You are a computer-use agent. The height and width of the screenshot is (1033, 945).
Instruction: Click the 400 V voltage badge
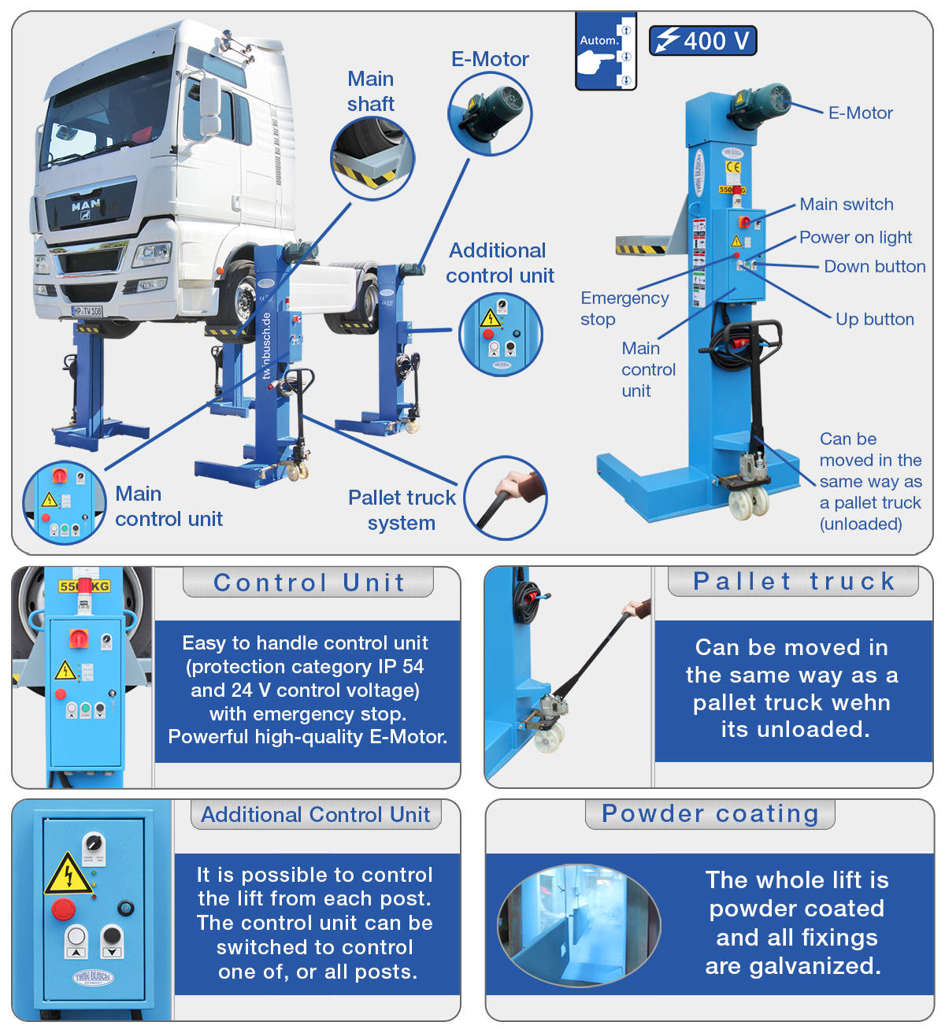702,40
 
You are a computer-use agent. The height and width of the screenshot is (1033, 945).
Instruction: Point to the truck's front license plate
87,311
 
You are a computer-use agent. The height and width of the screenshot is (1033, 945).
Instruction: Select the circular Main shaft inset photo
372,158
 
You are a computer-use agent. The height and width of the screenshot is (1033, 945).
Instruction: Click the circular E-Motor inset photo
490,114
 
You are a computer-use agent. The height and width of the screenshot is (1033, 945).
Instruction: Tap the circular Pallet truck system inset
506,498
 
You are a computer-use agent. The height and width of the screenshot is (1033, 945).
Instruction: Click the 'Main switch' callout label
847,205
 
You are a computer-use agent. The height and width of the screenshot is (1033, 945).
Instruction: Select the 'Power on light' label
855,238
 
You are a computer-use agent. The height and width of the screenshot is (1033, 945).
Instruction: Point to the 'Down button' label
874,267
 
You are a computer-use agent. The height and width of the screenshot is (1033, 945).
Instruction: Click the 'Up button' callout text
874,320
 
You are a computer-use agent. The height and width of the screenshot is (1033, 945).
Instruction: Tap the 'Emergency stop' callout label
624,308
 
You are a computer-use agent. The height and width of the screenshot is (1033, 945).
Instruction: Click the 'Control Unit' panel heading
309,583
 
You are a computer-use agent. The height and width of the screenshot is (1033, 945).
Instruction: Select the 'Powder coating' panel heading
710,814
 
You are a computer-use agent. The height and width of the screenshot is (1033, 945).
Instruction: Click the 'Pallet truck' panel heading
793,582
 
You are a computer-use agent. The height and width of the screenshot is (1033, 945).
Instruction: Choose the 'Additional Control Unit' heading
315,815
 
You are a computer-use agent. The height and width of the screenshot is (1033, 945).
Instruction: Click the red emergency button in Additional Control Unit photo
64,909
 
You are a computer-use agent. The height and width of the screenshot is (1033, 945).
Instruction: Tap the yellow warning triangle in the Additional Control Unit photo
67,875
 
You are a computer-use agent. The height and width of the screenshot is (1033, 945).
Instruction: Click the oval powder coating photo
579,925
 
